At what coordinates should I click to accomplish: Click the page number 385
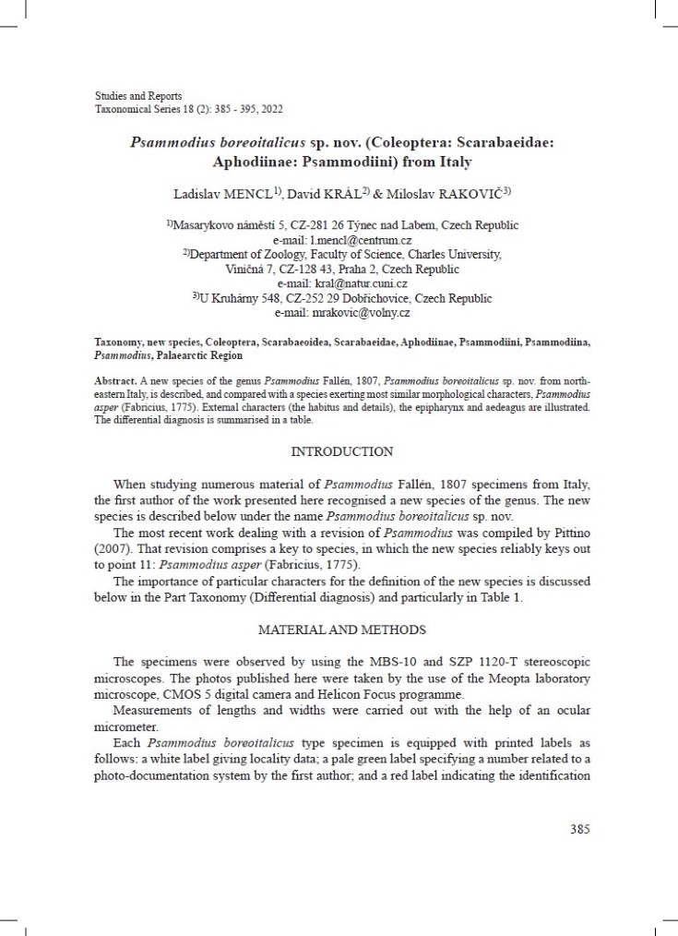coord(579,829)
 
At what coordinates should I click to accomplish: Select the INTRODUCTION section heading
coord(342,451)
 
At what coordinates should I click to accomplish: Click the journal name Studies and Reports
coord(138,96)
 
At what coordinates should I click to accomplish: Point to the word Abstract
coord(113,380)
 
